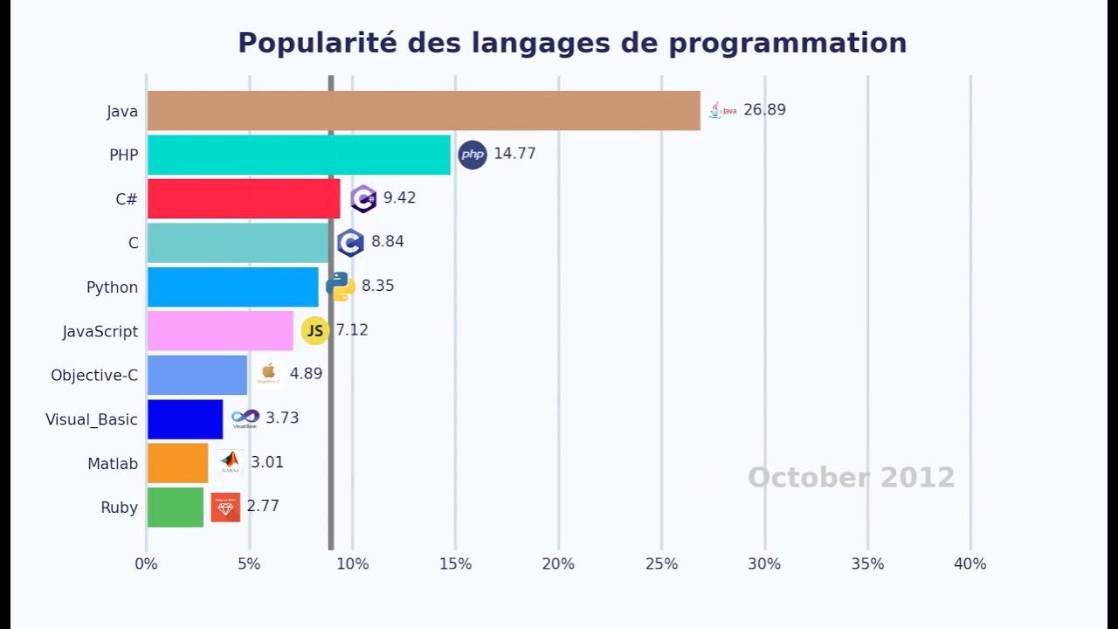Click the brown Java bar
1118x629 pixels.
tap(424, 111)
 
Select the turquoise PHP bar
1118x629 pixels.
tap(299, 155)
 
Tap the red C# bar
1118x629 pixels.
tap(243, 198)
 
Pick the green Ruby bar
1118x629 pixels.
tap(175, 508)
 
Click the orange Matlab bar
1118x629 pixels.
tap(177, 463)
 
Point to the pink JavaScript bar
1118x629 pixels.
tap(220, 331)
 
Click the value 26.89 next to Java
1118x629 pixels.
tap(764, 110)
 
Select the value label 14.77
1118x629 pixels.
tap(514, 154)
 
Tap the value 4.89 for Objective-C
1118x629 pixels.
tap(306, 374)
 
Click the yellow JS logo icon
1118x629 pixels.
tap(314, 330)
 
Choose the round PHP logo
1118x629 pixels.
tap(473, 155)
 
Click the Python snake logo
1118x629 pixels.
tap(340, 286)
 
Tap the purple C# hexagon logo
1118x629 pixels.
tap(363, 198)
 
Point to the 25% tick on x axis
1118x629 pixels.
tap(661, 564)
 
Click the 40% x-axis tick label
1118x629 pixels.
tap(970, 564)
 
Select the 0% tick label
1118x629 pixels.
tap(147, 564)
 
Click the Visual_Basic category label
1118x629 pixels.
tap(92, 419)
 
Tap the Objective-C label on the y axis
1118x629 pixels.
tap(94, 376)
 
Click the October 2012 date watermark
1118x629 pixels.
tap(851, 478)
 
